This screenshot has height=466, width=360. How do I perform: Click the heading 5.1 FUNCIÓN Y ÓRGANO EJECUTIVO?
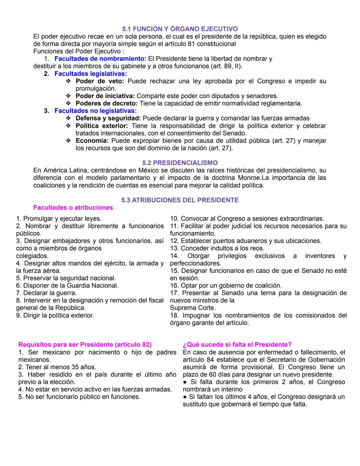180,29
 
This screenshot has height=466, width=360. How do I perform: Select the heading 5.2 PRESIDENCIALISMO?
180,163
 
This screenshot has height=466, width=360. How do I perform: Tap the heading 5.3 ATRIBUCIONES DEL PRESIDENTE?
180,200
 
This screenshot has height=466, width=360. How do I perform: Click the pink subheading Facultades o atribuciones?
73,208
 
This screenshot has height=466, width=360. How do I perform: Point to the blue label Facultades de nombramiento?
100,59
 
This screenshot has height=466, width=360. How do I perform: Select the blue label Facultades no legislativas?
95,111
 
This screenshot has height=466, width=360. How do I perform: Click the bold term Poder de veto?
100,81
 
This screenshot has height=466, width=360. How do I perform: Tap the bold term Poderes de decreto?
106,103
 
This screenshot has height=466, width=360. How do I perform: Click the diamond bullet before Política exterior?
68,126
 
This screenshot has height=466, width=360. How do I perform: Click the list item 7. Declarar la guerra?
46,293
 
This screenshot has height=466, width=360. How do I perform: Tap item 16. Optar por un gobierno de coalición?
226,286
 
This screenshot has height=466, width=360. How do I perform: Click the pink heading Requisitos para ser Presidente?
85,345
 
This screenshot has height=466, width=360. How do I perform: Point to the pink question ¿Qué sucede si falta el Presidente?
237,345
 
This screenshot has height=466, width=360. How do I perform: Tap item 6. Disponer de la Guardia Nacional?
67,286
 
